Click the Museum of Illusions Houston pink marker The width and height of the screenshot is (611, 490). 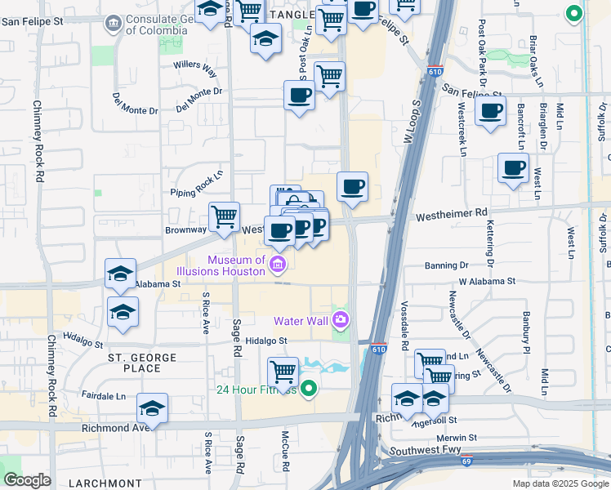(278, 263)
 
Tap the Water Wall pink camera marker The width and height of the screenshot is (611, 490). (341, 319)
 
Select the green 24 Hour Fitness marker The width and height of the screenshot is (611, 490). (308, 389)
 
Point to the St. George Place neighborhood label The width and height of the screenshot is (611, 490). (143, 363)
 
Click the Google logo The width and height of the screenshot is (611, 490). (26, 480)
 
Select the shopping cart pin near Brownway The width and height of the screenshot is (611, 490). (224, 217)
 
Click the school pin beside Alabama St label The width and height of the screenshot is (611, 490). (120, 274)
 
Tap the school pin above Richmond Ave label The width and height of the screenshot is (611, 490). (152, 408)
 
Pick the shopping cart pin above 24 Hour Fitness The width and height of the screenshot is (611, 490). (283, 372)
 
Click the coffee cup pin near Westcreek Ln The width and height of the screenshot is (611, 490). (490, 112)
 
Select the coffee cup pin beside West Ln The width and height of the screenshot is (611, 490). (513, 168)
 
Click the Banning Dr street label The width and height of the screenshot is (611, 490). (446, 265)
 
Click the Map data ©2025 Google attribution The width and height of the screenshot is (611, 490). (559, 483)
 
